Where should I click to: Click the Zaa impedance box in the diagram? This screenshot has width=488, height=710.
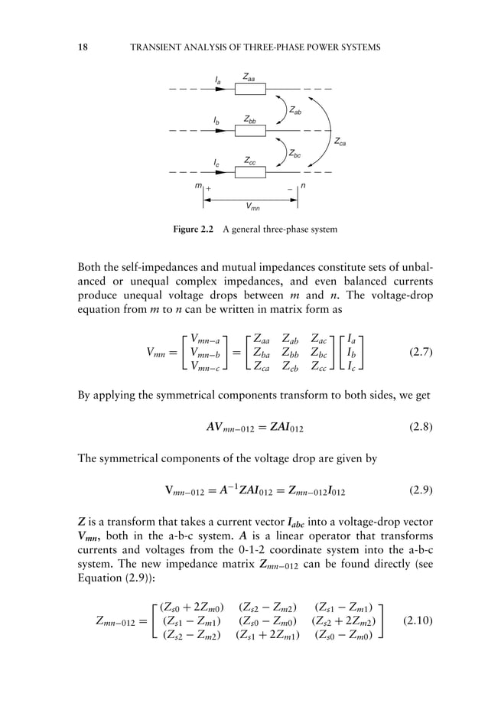250,90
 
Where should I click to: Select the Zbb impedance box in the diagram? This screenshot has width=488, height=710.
250,131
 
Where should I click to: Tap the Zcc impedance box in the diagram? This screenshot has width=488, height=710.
250,172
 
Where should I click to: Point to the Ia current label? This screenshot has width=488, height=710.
218,78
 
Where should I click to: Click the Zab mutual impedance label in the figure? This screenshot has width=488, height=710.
295,112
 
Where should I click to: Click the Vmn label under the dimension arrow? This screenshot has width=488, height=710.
251,206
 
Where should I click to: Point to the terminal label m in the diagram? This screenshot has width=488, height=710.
198,186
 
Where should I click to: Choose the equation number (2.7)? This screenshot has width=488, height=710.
420,353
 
